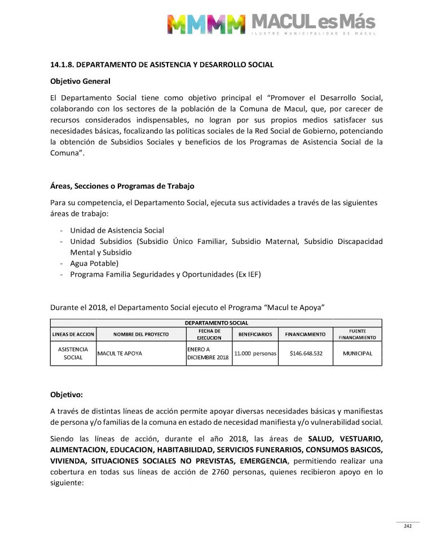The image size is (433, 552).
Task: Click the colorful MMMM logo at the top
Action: [x=206, y=24]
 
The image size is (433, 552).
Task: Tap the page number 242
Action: [x=408, y=526]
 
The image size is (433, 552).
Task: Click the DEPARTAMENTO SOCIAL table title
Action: [x=216, y=323]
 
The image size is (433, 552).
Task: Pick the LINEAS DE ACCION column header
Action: [x=73, y=334]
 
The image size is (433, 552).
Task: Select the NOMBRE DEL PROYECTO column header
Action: [x=141, y=334]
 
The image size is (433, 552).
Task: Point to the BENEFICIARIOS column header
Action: [x=255, y=334]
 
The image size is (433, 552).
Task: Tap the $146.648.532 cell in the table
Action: [x=306, y=354]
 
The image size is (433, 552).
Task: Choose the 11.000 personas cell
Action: [x=255, y=354]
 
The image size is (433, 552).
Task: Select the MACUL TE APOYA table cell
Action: [x=120, y=354]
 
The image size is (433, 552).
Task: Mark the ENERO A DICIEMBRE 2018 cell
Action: [x=208, y=354]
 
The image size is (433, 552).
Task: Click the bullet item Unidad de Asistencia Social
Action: [x=117, y=230]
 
